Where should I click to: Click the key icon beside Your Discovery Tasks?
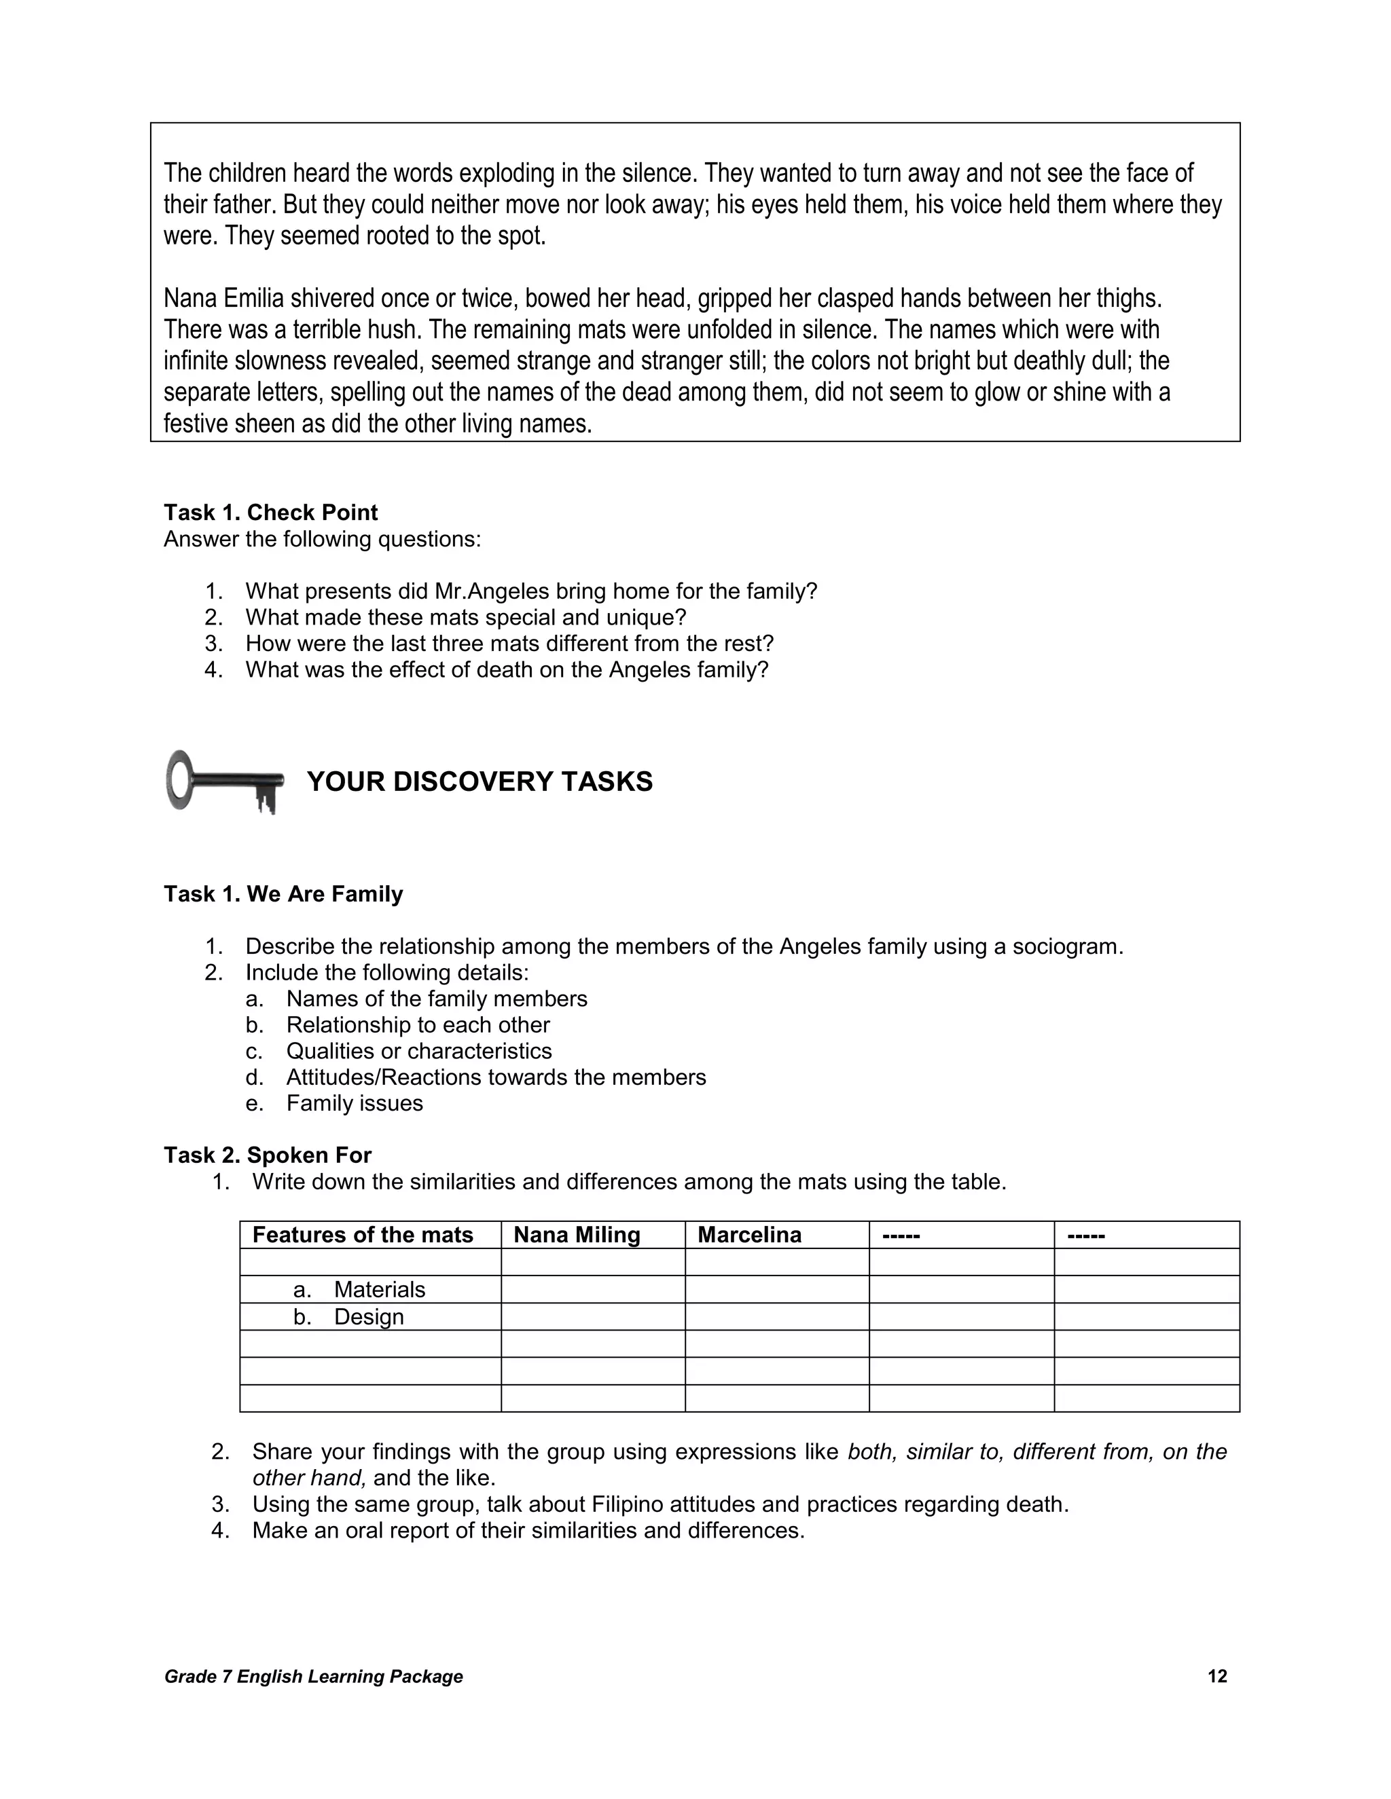pos(224,781)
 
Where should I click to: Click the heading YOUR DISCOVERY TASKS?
pos(480,781)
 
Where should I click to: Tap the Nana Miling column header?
pos(576,1235)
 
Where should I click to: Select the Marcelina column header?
pos(749,1235)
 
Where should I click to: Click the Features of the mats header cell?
pos(363,1235)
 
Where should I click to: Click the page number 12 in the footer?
pos(1216,1676)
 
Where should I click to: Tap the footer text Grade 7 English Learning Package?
pos(313,1676)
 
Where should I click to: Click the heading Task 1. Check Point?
pos(270,513)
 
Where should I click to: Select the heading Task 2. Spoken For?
pos(268,1155)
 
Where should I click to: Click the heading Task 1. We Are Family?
pos(283,894)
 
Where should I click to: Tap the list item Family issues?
pos(355,1103)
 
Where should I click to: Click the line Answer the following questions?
pos(322,540)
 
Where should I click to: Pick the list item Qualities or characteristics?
pos(418,1051)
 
